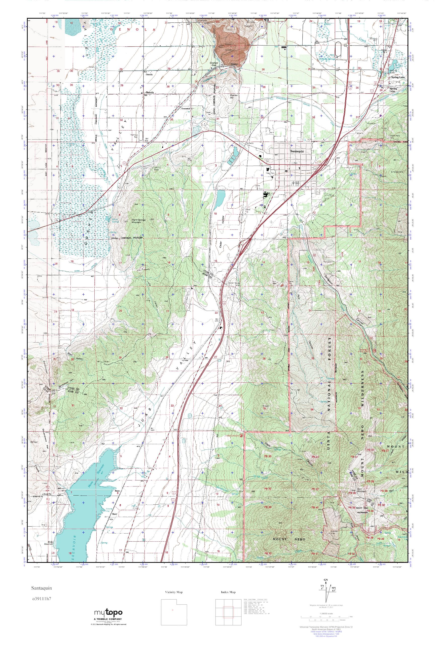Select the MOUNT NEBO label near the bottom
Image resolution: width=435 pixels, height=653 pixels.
[289, 539]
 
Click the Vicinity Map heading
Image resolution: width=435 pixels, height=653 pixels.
[174, 592]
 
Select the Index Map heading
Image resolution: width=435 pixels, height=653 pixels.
[228, 592]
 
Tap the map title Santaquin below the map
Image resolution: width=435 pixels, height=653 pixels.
[40, 588]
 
